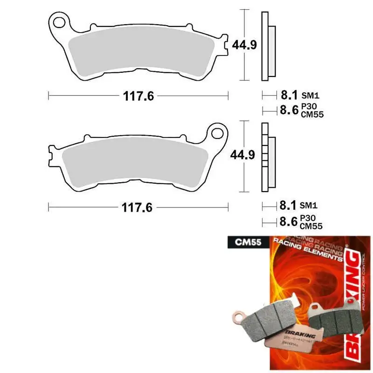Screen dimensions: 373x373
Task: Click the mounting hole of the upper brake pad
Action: [x=59, y=21]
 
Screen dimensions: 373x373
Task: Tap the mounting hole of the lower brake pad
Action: [x=217, y=133]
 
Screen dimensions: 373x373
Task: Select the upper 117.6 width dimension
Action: [x=138, y=96]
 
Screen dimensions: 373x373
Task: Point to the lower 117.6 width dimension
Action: [x=138, y=207]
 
